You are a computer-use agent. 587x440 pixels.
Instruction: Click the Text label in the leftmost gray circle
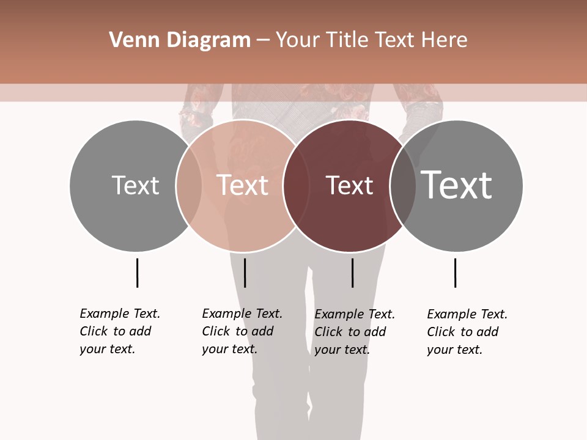[135, 185]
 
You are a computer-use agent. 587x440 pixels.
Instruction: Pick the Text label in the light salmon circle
[243, 185]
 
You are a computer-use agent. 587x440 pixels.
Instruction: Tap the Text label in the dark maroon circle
[349, 185]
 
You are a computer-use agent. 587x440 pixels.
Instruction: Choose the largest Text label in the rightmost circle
[456, 185]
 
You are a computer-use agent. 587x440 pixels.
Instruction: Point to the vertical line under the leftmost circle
[138, 273]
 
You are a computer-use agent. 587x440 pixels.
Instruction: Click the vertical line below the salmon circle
[245, 273]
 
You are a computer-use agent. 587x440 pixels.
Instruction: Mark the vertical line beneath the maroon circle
[353, 273]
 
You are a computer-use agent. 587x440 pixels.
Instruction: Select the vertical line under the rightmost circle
[455, 273]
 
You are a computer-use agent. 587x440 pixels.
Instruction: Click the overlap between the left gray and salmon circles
[189, 185]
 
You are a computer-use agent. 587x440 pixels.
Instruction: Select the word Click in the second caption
[215, 331]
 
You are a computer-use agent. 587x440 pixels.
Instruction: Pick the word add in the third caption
[375, 332]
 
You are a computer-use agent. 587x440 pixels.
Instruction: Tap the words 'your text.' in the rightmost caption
[454, 350]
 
